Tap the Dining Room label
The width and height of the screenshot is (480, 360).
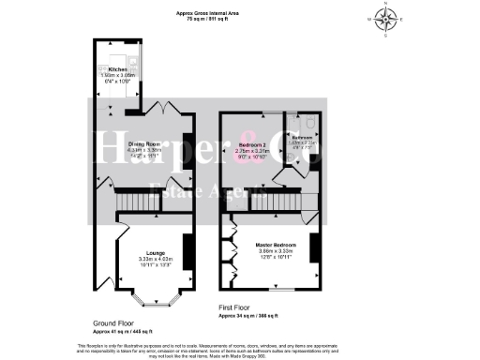[x=143, y=142]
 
